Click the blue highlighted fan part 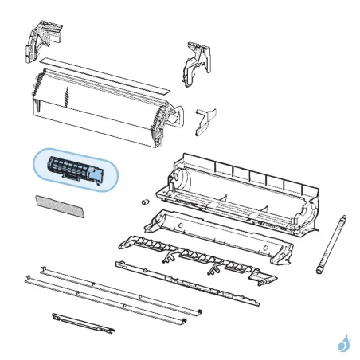click(x=76, y=169)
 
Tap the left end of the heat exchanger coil click(x=35, y=96)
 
